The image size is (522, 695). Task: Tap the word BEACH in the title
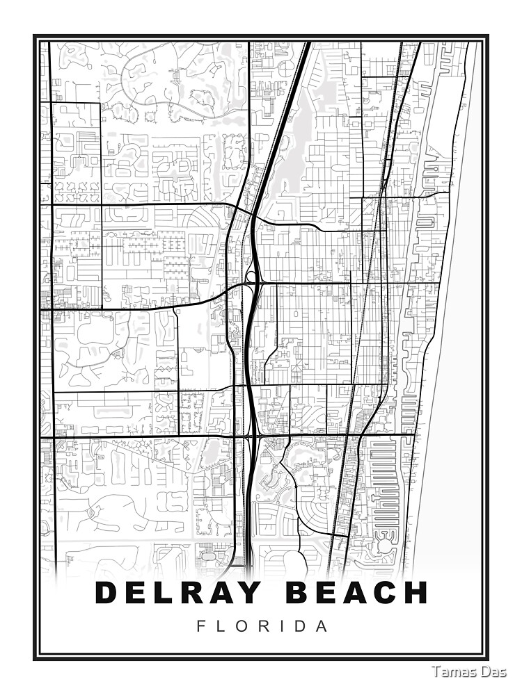pos(357,593)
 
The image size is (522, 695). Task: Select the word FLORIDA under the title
pos(262,626)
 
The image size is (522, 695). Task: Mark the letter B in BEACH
pos(299,593)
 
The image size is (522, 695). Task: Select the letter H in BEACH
pos(415,593)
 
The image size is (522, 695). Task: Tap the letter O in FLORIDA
pos(241,626)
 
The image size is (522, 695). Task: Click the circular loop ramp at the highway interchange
pos(251,276)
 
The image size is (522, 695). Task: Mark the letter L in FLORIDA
pos(221,626)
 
